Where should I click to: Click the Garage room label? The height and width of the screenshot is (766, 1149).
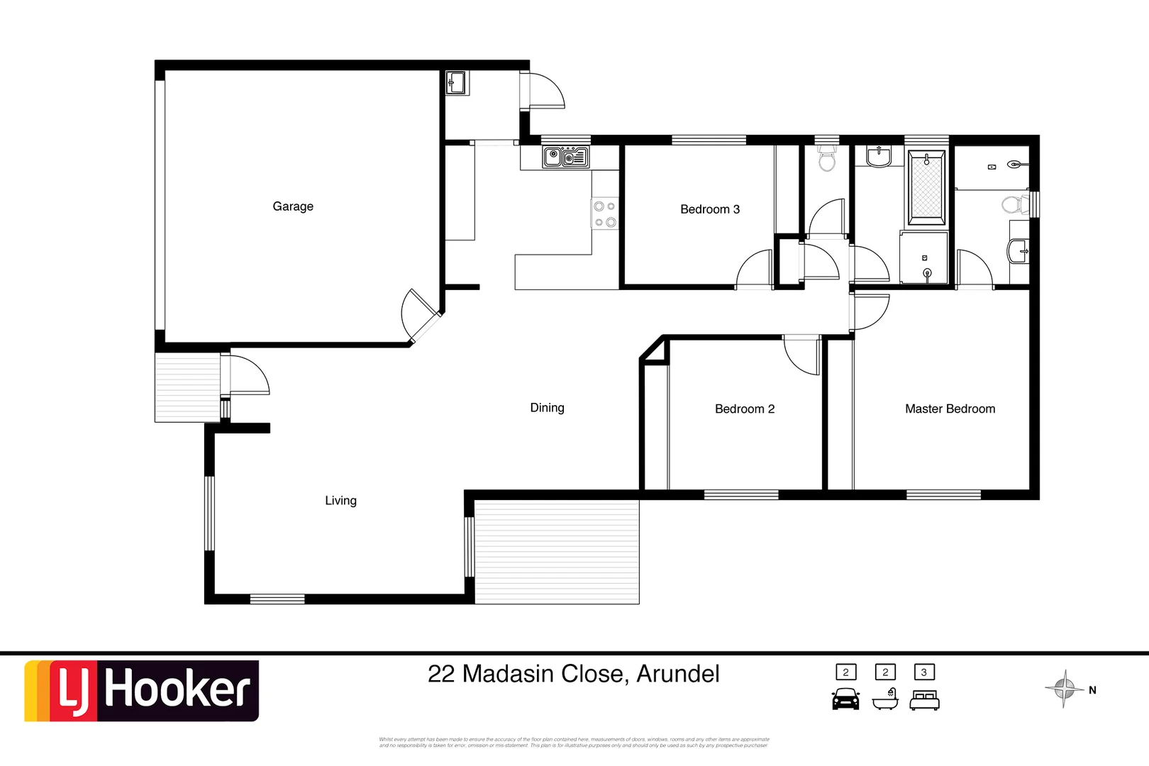click(x=293, y=206)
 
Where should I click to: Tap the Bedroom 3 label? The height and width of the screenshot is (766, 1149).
click(x=709, y=209)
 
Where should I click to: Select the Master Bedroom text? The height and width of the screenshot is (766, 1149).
click(x=950, y=409)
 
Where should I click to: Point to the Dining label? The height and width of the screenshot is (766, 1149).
click(x=547, y=408)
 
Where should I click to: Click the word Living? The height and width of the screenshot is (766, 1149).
click(x=340, y=501)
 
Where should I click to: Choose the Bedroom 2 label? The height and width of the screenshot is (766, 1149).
click(x=744, y=409)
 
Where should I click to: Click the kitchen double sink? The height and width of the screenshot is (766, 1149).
click(x=566, y=157)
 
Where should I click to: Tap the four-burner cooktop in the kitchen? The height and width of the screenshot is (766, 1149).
click(x=605, y=214)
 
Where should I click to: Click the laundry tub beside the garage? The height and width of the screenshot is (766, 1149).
click(x=456, y=83)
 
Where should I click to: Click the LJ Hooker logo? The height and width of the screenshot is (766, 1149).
click(x=142, y=691)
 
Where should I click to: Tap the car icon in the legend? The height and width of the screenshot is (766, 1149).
click(x=845, y=699)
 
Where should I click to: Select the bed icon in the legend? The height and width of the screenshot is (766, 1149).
click(x=924, y=700)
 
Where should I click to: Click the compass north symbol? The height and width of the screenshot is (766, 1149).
click(x=1065, y=688)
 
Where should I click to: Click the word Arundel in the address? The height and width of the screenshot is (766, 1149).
click(x=677, y=674)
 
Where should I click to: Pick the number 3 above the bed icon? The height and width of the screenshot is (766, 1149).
click(x=923, y=672)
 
